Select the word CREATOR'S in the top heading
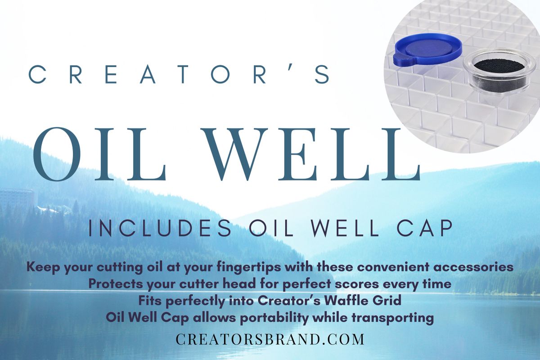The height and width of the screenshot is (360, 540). pos(180,74)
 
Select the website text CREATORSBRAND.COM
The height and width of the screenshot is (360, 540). pos(270,339)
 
